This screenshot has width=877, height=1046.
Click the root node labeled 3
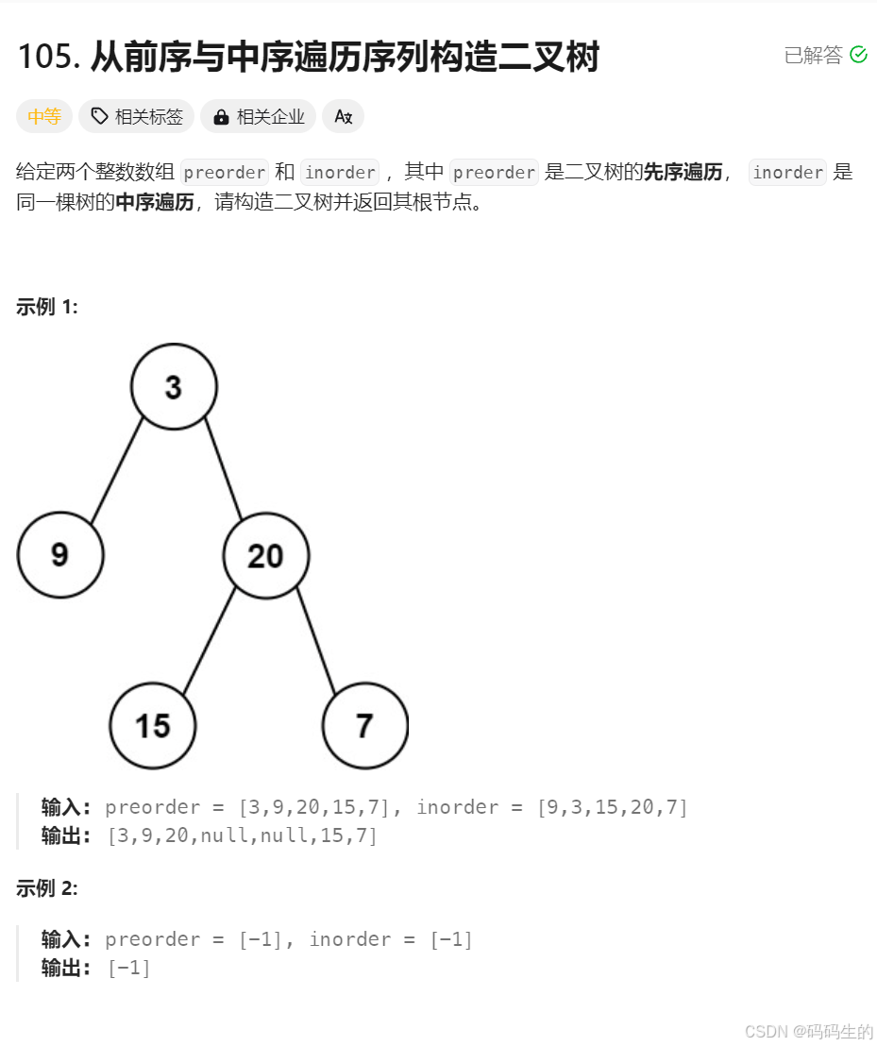pyautogui.click(x=174, y=387)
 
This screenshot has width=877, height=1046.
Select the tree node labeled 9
pyautogui.click(x=60, y=555)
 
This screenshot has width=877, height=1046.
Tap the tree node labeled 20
pyautogui.click(x=266, y=556)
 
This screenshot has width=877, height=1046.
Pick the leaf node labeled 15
pyautogui.click(x=153, y=726)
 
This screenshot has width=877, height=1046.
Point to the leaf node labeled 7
pyautogui.click(x=364, y=726)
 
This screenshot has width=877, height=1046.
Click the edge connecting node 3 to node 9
pyautogui.click(x=117, y=471)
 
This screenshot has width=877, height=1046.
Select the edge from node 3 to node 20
pyautogui.click(x=224, y=469)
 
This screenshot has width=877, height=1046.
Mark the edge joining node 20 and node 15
pyautogui.click(x=210, y=641)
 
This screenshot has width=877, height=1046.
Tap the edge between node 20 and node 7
pyautogui.click(x=316, y=640)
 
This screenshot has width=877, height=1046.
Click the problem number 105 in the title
pyautogui.click(x=46, y=56)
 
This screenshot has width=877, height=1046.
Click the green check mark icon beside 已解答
pyautogui.click(x=858, y=55)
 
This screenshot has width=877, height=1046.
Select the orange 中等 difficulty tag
pyautogui.click(x=44, y=117)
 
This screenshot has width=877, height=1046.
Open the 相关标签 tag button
pyautogui.click(x=136, y=117)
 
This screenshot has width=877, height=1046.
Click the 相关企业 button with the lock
pyautogui.click(x=258, y=117)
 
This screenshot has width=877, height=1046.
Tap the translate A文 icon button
pyautogui.click(x=343, y=117)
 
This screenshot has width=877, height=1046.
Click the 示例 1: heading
pyautogui.click(x=46, y=307)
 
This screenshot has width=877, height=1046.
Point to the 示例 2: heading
pyautogui.click(x=46, y=888)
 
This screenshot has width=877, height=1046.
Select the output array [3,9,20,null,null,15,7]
pyautogui.click(x=242, y=835)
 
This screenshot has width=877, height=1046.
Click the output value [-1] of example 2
pyautogui.click(x=128, y=968)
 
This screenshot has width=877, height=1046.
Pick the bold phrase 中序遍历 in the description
pyautogui.click(x=155, y=202)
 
